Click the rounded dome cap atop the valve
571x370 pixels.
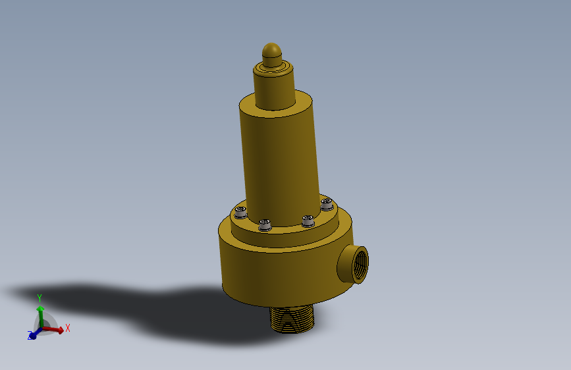pyautogui.click(x=271, y=55)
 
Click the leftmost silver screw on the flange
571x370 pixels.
pyautogui.click(x=240, y=212)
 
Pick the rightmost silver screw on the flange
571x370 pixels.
pyautogui.click(x=327, y=204)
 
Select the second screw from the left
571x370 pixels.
pyautogui.click(x=265, y=225)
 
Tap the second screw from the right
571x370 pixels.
pyautogui.click(x=308, y=221)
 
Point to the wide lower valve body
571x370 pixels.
pyautogui.click(x=284, y=269)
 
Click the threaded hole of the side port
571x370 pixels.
pyautogui.click(x=360, y=263)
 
